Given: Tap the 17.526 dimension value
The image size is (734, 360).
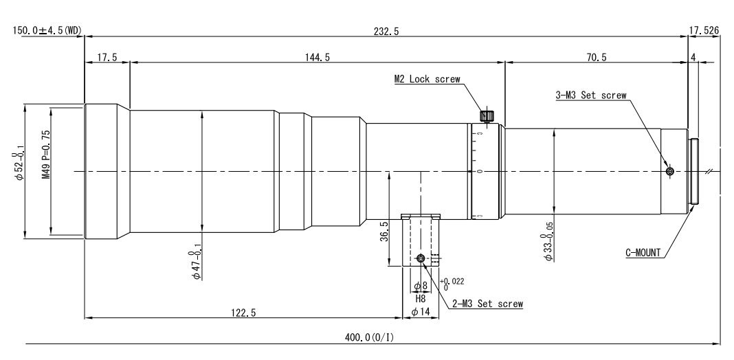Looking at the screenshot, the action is coord(704,31).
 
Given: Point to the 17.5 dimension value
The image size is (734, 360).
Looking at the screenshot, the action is coord(107,57).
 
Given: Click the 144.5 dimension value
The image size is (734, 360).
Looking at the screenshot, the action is coord(318,57).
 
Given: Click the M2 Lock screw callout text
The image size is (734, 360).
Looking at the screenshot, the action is coord(427,79).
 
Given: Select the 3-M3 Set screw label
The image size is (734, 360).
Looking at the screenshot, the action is coord(591,95).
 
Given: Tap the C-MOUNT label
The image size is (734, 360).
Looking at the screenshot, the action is coord(643,254).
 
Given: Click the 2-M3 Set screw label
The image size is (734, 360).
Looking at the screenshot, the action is coord(487,304).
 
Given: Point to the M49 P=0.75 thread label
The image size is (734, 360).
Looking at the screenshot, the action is coord(46,148).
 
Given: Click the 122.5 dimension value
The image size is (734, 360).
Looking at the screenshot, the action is coord(243,313).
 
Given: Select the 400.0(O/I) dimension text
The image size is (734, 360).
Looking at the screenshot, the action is coord(370,337).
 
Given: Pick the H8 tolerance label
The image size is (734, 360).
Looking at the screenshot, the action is coord(421,298).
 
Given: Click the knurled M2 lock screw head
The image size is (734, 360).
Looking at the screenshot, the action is coord(487,115).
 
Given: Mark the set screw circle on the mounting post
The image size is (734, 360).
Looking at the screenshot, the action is coord(421,258).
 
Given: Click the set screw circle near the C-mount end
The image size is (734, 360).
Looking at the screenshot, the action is coord(670,172).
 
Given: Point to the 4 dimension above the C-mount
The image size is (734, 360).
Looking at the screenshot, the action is coord(693,57).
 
